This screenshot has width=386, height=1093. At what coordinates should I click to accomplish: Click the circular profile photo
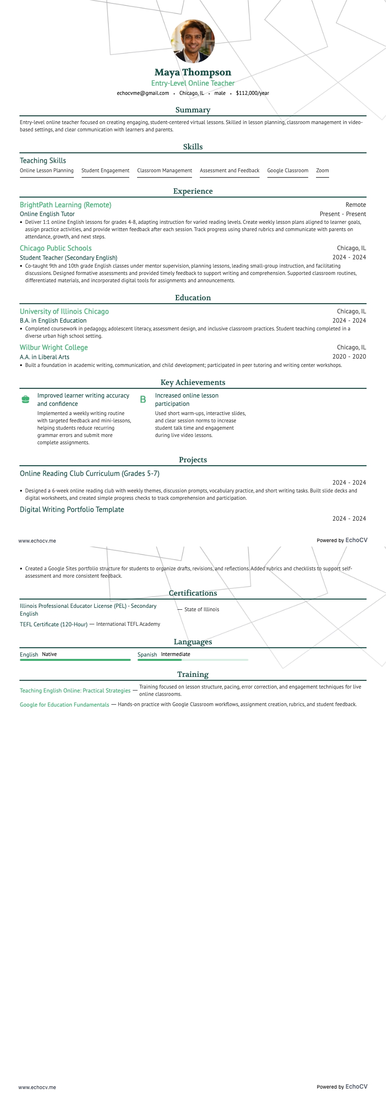[193, 41]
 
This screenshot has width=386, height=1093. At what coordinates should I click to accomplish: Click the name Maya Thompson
[193, 73]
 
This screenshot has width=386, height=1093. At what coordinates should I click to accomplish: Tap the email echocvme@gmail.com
[143, 93]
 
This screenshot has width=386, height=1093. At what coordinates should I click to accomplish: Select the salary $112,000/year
[252, 93]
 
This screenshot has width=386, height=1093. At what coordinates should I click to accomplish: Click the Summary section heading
[193, 110]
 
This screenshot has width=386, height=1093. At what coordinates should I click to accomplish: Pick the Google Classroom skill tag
[288, 171]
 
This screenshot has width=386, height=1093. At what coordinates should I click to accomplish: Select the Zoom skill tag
[322, 171]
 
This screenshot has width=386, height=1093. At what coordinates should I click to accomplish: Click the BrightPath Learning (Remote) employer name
[66, 205]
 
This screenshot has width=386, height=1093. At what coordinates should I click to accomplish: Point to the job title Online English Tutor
[47, 214]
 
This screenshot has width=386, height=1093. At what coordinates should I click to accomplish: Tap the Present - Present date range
[343, 214]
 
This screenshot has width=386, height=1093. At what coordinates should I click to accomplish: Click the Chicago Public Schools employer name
[55, 248]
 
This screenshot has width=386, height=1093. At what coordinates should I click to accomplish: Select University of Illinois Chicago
[64, 311]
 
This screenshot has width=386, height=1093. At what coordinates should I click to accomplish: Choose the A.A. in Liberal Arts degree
[45, 357]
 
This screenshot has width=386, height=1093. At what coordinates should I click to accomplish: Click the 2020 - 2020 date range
[349, 357]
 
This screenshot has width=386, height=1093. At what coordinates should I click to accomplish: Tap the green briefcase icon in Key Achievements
[26, 400]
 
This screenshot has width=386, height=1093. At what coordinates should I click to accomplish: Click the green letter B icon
[143, 400]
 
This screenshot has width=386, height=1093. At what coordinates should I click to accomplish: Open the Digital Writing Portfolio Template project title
[72, 510]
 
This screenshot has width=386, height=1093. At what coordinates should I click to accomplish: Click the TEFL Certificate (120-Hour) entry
[53, 624]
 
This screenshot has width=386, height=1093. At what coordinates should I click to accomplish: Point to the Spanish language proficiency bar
[193, 660]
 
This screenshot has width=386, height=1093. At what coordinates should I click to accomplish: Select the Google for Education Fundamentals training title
[64, 705]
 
